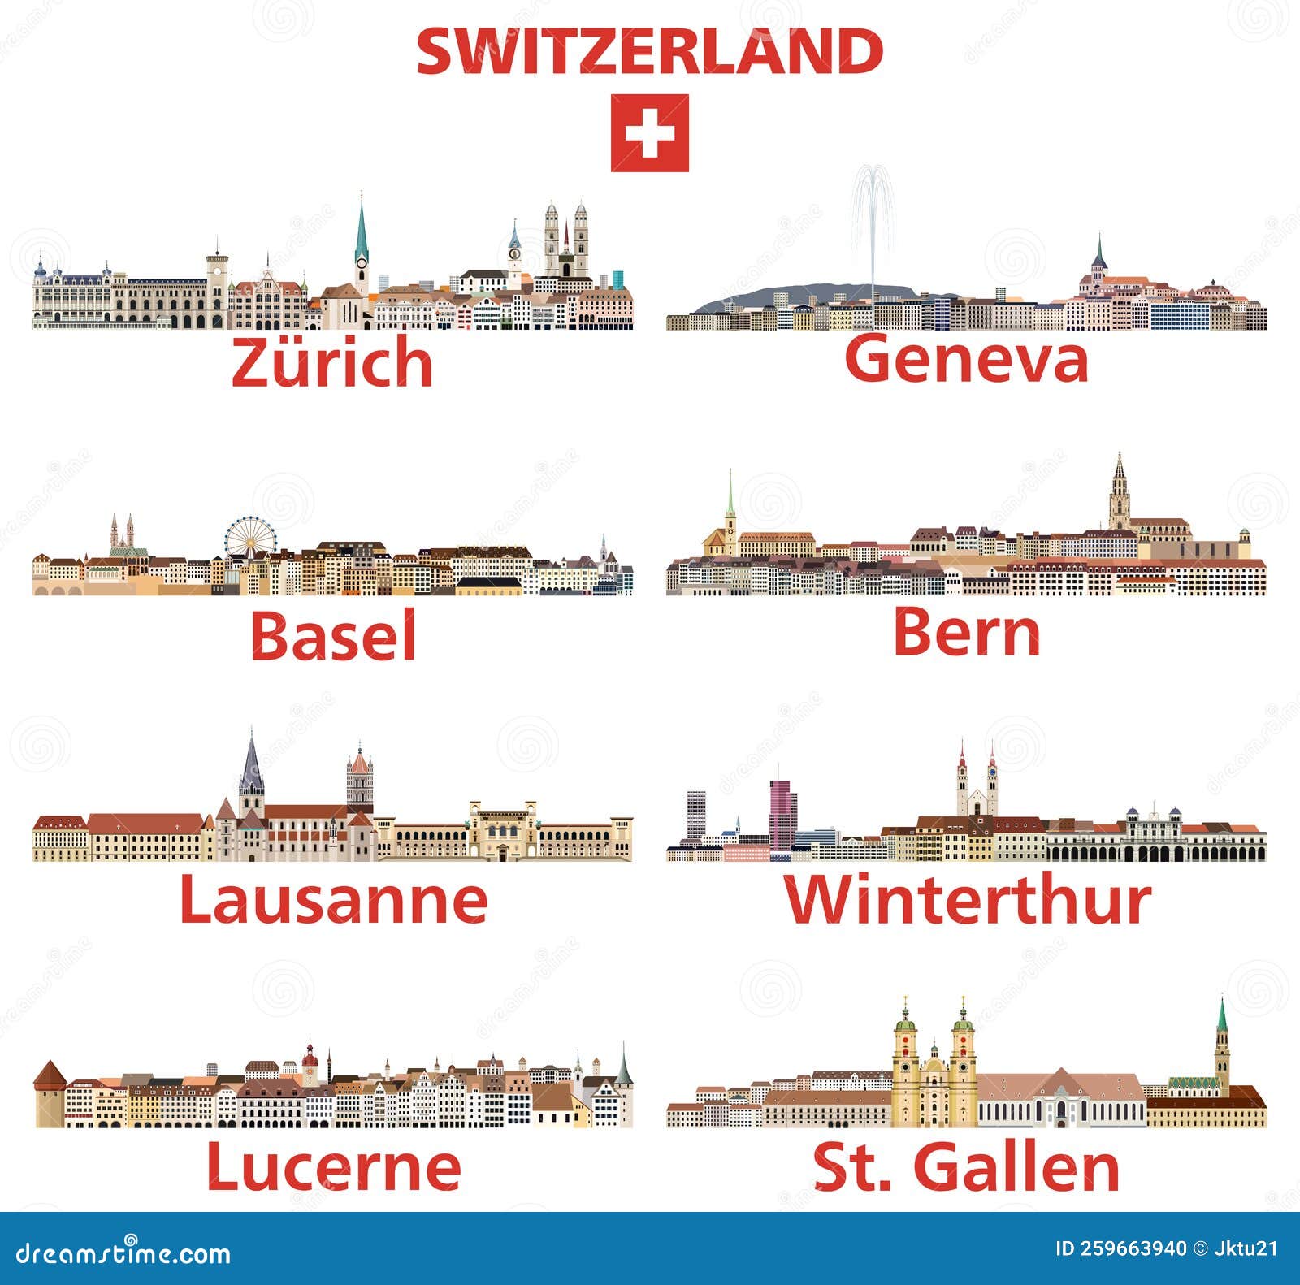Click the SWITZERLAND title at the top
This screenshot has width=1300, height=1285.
tap(649, 51)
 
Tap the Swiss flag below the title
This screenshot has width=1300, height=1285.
tap(649, 133)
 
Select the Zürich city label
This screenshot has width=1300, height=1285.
tap(332, 362)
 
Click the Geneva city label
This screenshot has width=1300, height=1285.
tap(966, 358)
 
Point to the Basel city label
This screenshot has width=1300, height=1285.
tap(333, 635)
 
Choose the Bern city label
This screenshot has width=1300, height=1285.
tap(966, 633)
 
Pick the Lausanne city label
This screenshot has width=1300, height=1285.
tap(333, 899)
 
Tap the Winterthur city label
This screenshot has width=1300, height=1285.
tap(967, 899)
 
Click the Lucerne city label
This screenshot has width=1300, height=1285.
tap(333, 1166)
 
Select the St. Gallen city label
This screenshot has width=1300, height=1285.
tap(966, 1167)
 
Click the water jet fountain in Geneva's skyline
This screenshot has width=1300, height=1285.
tap(873, 227)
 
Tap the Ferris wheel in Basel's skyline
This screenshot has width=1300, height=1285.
tap(251, 538)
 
